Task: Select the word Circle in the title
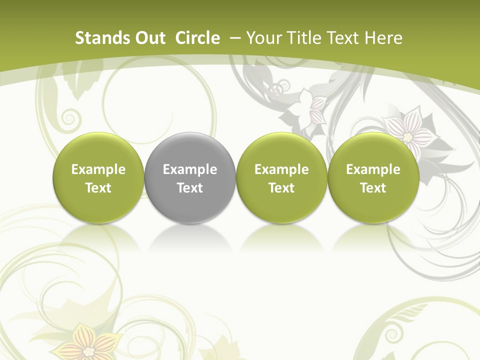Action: coord(197,38)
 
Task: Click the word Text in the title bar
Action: coord(344,38)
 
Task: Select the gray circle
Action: coord(190,150)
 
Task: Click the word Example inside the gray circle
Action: coord(190,169)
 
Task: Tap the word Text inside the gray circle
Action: coord(190,188)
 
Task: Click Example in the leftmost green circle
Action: coord(98,169)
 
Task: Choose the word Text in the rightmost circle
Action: coord(373,188)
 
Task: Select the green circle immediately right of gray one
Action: coord(281,177)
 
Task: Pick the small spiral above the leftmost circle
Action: coord(69,118)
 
